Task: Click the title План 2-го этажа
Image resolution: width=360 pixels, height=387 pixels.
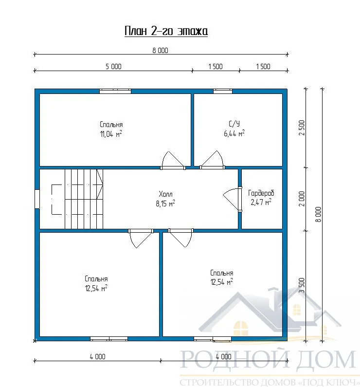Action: [x=166, y=31]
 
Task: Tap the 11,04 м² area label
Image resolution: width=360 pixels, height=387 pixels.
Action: [x=111, y=134]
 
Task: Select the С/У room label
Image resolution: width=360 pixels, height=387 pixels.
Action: [x=234, y=124]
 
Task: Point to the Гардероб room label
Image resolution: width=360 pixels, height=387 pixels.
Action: [x=261, y=193]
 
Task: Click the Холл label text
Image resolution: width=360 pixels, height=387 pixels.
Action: [x=165, y=194]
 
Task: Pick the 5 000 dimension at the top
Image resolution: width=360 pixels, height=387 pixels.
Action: [x=113, y=67]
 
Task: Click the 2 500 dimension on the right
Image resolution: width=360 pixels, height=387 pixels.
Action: [x=302, y=128]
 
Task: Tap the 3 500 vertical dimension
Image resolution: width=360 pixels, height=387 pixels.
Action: [x=302, y=285]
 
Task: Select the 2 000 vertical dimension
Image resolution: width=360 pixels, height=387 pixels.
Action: [x=302, y=199]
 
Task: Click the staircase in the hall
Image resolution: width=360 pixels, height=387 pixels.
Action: [x=84, y=199]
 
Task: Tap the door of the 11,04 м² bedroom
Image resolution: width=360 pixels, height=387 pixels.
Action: [x=173, y=161]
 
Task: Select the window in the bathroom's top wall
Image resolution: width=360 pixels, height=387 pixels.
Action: [x=223, y=92]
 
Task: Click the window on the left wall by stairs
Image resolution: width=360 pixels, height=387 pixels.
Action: [x=37, y=199]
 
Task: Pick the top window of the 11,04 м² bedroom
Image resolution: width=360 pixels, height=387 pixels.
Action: [x=115, y=92]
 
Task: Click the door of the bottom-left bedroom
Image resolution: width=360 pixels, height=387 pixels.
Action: [x=141, y=239]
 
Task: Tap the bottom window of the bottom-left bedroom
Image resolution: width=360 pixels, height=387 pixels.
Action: [x=109, y=339]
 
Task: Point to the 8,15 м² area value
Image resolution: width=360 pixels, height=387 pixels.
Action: [x=165, y=203]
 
